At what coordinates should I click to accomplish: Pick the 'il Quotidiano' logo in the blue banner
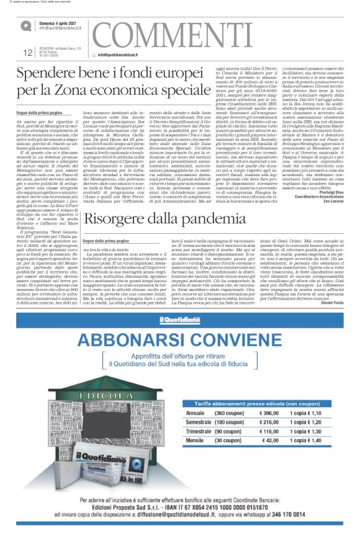click(x=179, y=337)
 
